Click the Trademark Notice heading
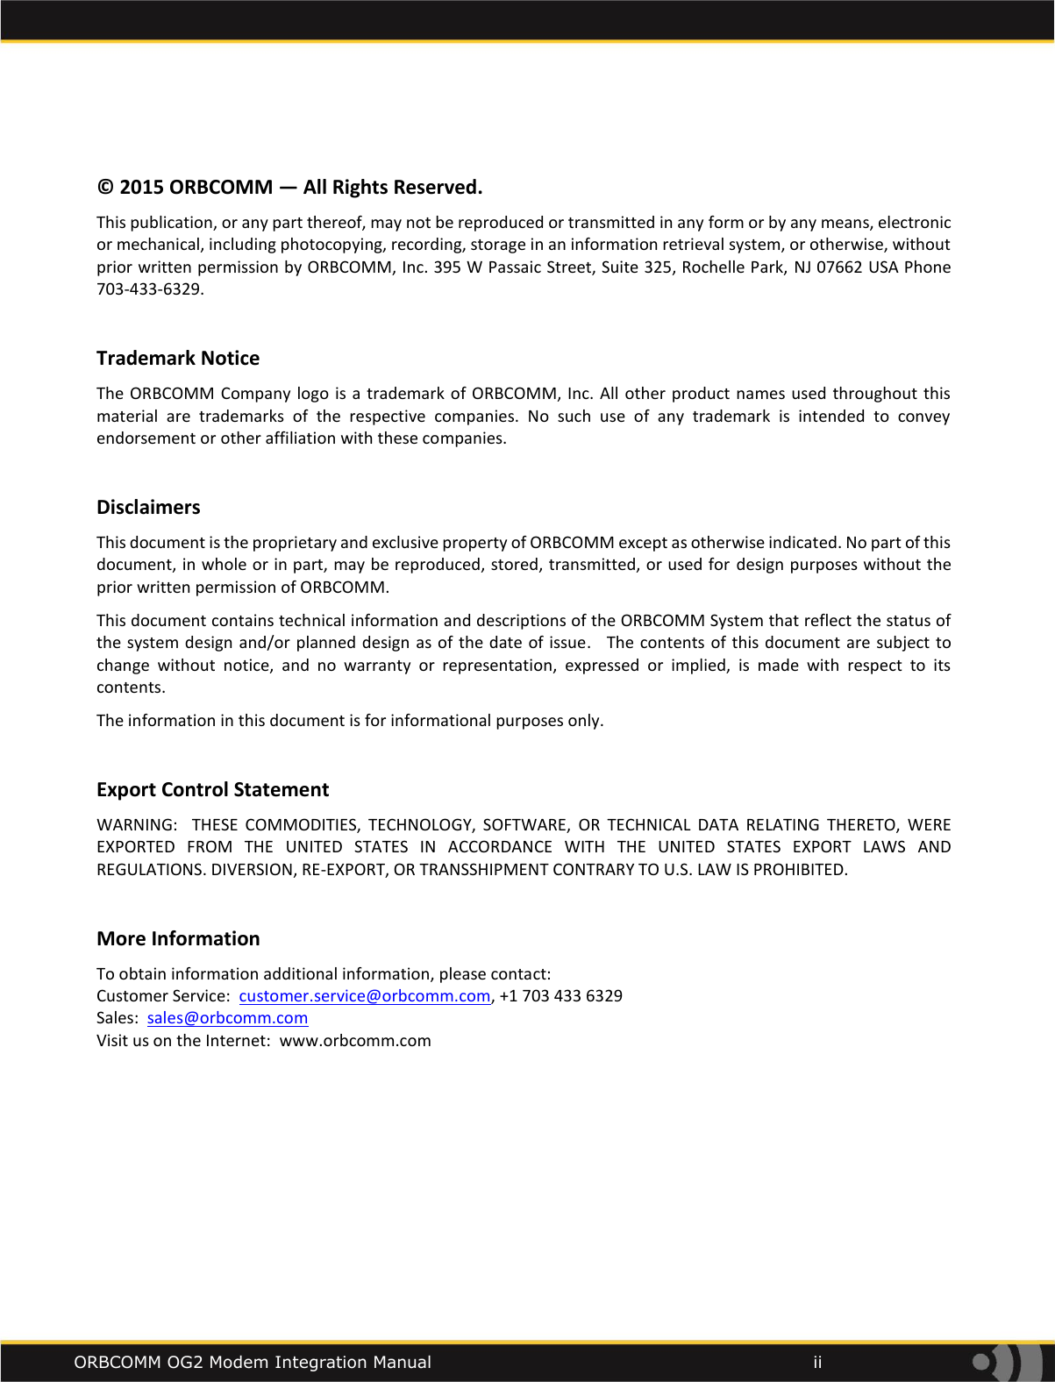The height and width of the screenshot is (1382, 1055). point(178,358)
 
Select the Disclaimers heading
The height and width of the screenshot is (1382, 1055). point(148,507)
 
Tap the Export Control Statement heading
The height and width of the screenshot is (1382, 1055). point(212,789)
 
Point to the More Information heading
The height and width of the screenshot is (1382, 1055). point(178,938)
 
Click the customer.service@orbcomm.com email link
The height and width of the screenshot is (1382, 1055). point(364,996)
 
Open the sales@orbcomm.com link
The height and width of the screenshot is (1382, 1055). point(227,1018)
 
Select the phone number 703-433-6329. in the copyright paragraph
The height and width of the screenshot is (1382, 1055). point(150,289)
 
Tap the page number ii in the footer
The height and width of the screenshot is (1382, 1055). point(817,1362)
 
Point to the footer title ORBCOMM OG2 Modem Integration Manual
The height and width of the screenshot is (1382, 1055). point(253,1362)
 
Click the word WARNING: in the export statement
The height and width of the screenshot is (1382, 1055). point(137,825)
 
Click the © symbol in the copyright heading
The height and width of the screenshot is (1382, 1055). point(105,188)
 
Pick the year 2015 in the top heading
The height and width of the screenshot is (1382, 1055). point(141,188)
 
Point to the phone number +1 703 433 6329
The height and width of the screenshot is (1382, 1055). point(561,996)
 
